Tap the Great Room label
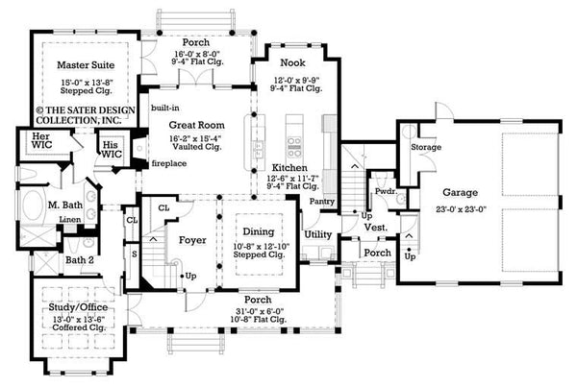(x=197, y=125)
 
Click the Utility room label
(x=317, y=233)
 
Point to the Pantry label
(x=322, y=203)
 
